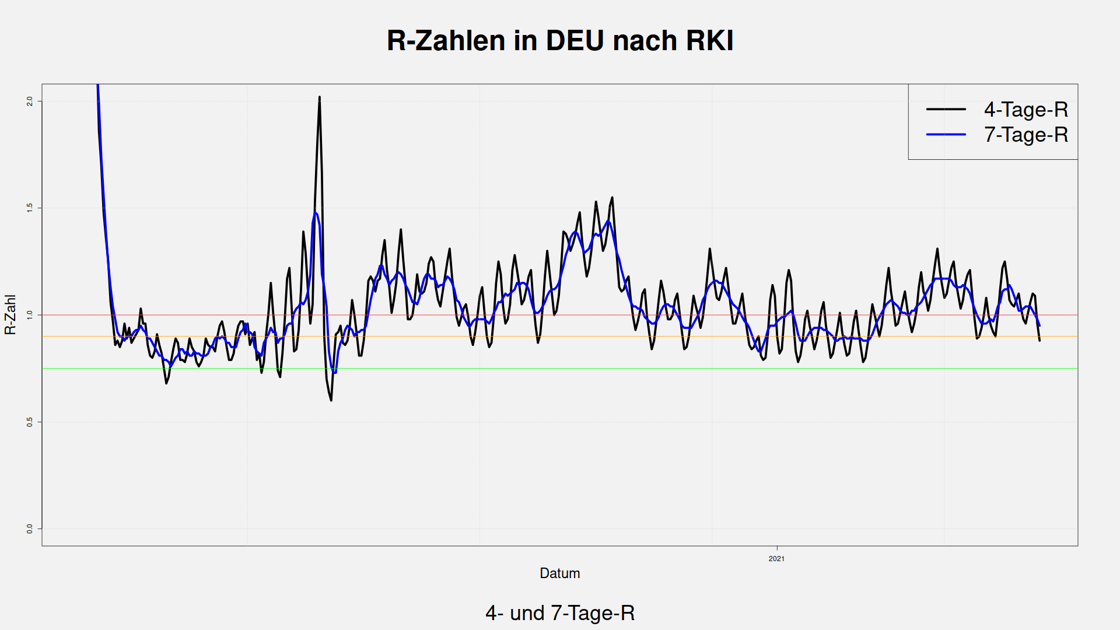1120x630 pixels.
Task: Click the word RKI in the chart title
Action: (x=709, y=41)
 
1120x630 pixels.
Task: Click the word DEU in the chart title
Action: (x=575, y=41)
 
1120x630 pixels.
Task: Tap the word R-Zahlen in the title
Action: (x=446, y=41)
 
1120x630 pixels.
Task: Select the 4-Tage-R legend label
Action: (x=1025, y=110)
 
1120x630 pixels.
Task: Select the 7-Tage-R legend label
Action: (x=1025, y=135)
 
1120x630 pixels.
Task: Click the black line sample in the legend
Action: (x=946, y=110)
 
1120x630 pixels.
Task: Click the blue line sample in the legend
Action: (x=946, y=135)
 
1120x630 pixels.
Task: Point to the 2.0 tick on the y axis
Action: (x=30, y=101)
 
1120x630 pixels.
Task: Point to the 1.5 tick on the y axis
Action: (x=30, y=208)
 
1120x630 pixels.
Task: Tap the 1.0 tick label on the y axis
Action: (x=30, y=315)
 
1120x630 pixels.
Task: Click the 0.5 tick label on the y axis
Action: (x=30, y=422)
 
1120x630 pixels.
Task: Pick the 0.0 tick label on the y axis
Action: (x=30, y=528)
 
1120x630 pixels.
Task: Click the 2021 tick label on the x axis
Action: (x=776, y=559)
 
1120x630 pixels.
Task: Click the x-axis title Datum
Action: (x=559, y=573)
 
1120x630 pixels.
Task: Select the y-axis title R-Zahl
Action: (x=10, y=315)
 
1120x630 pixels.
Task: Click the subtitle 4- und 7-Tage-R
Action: (x=559, y=613)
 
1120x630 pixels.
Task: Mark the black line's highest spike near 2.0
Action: (x=320, y=97)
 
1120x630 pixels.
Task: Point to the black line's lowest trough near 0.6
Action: (x=331, y=400)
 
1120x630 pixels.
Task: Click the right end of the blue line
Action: (x=1039, y=325)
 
